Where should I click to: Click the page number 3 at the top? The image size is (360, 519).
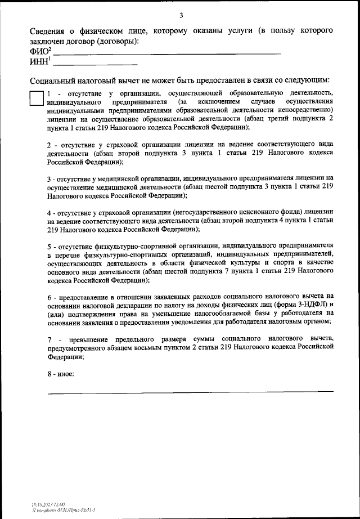[x=180, y=15]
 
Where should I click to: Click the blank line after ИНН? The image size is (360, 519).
[x=96, y=64]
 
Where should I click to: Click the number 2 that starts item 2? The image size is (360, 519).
[x=49, y=144]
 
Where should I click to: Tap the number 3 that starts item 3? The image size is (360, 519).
[x=49, y=178]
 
